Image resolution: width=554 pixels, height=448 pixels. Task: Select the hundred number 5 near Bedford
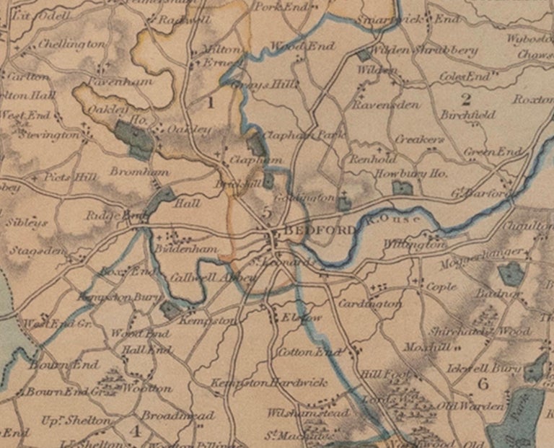[267, 212]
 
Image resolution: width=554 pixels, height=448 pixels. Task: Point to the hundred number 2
[466, 99]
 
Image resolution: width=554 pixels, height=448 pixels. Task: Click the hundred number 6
[483, 383]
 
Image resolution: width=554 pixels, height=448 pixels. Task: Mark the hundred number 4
[134, 431]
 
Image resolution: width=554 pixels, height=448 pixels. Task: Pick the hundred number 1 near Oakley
[211, 102]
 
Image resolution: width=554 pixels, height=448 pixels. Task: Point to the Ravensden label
[385, 105]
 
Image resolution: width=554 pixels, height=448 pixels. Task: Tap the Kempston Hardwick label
[269, 382]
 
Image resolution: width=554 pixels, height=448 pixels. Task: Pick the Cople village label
[441, 286]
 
